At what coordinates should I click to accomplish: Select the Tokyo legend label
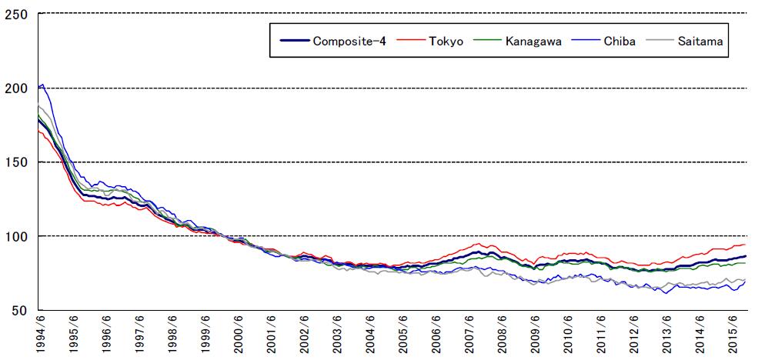[446, 40]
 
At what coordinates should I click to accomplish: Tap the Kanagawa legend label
[533, 40]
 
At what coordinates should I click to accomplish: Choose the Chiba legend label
[620, 40]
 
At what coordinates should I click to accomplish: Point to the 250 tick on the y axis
[17, 14]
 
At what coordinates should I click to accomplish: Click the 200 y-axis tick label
[17, 88]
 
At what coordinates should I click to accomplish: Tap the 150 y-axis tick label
[17, 162]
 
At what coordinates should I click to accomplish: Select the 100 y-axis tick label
[17, 236]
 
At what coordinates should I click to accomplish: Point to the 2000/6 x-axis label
[239, 336]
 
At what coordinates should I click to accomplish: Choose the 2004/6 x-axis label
[371, 336]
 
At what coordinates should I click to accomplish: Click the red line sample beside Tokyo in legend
[413, 40]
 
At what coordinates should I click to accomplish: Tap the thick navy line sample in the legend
[292, 40]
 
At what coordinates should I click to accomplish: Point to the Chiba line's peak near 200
[42, 85]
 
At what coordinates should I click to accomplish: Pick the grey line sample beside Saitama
[660, 40]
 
